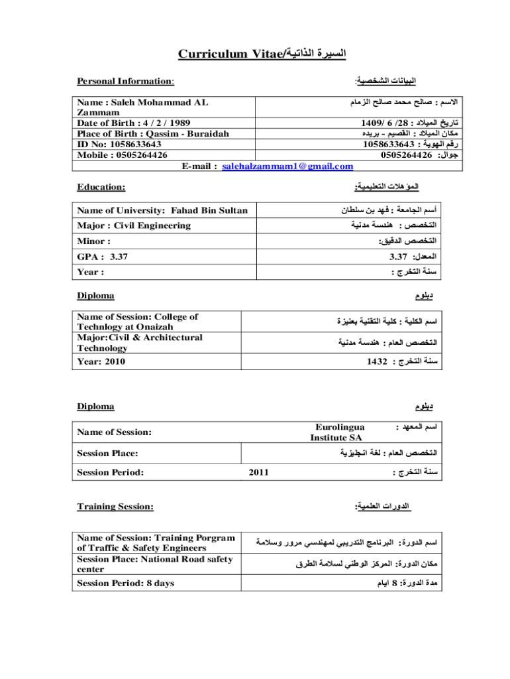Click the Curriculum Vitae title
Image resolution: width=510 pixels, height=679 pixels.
(255, 52)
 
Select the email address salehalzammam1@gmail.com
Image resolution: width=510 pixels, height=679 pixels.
(287, 166)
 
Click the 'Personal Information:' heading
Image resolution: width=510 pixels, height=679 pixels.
(125, 81)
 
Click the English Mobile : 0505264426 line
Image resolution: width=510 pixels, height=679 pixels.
(122, 154)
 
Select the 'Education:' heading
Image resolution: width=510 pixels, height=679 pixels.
(101, 188)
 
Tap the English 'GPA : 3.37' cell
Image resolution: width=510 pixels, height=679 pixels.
(103, 256)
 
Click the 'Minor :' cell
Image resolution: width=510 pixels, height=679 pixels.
(94, 241)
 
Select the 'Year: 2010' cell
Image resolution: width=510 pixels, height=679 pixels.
(101, 362)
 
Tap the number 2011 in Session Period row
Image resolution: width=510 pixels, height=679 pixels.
(259, 473)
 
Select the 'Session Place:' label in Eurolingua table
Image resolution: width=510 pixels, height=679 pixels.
(108, 454)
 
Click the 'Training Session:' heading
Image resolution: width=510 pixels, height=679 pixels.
(115, 507)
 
